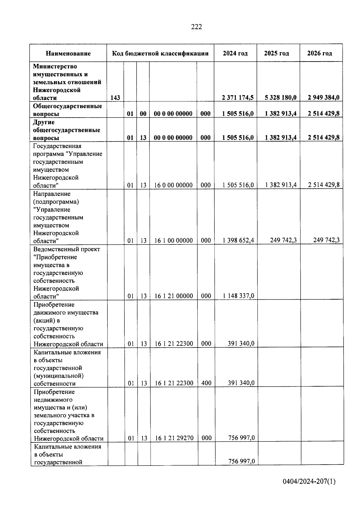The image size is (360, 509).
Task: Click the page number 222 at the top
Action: click(x=196, y=27)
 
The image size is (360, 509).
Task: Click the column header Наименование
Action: click(x=68, y=53)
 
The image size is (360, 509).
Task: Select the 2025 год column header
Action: click(x=277, y=53)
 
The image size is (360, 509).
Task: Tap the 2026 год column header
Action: click(x=319, y=53)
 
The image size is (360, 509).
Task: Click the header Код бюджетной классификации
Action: click(x=160, y=53)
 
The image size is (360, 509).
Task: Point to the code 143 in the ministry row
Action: click(x=115, y=97)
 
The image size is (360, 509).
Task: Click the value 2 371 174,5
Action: click(x=238, y=97)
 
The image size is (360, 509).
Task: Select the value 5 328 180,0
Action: click(x=281, y=97)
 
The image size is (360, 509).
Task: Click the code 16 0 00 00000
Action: click(x=173, y=185)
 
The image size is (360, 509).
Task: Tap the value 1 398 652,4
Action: click(x=238, y=240)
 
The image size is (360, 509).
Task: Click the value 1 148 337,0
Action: click(x=238, y=296)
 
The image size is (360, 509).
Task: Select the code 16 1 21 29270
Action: click(x=174, y=438)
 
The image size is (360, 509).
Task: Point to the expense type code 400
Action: click(x=206, y=383)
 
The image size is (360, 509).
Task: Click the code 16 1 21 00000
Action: click(x=174, y=296)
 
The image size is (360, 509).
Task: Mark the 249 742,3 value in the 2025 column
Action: click(x=283, y=240)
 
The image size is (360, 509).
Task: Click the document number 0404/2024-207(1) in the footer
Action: click(x=309, y=481)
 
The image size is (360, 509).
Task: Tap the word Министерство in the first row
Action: click(x=55, y=66)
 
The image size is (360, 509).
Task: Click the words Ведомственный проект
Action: click(x=67, y=249)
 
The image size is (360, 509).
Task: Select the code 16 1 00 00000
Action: click(x=173, y=241)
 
